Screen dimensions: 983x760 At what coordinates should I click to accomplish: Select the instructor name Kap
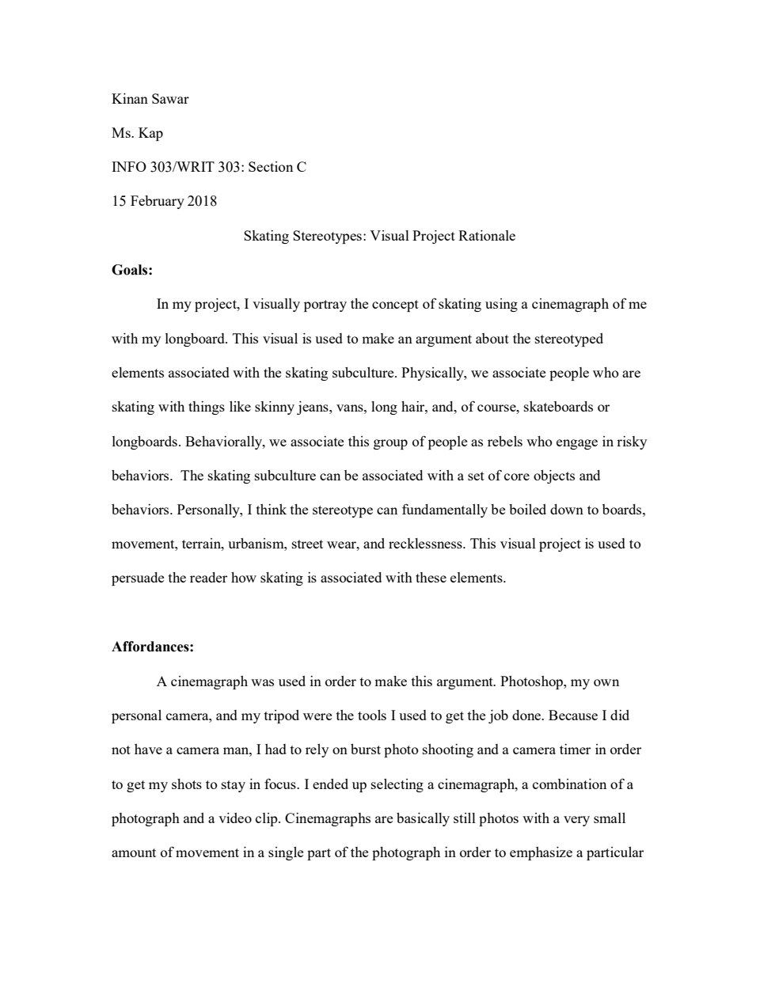tap(150, 133)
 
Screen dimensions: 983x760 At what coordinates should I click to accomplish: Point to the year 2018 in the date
tap(202, 201)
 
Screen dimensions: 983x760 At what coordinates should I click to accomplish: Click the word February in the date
tap(157, 201)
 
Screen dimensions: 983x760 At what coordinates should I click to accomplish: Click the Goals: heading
tap(132, 270)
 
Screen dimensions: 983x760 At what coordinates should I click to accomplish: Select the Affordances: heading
tap(153, 647)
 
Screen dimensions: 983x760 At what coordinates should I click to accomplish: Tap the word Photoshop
tap(534, 681)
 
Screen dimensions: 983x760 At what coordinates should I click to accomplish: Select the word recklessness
tap(426, 544)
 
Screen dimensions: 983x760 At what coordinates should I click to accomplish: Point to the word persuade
tap(138, 578)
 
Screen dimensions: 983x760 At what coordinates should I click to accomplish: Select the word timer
tap(576, 750)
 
